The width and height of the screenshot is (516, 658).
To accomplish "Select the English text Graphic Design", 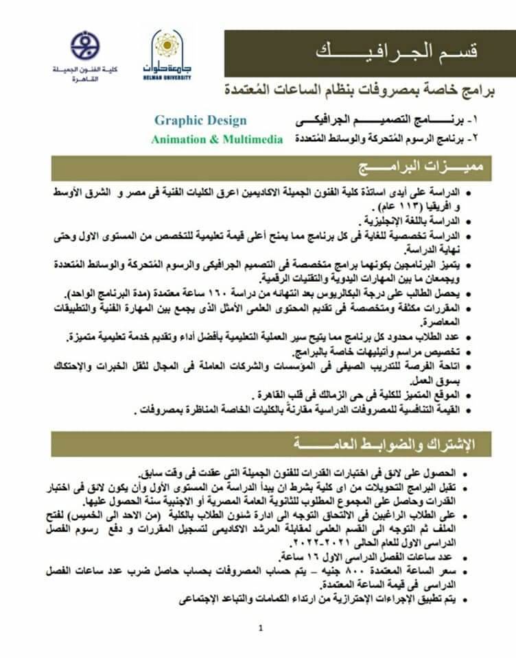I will (200, 121).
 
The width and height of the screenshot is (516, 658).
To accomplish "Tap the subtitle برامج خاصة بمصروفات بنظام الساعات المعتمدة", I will (364, 90).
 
